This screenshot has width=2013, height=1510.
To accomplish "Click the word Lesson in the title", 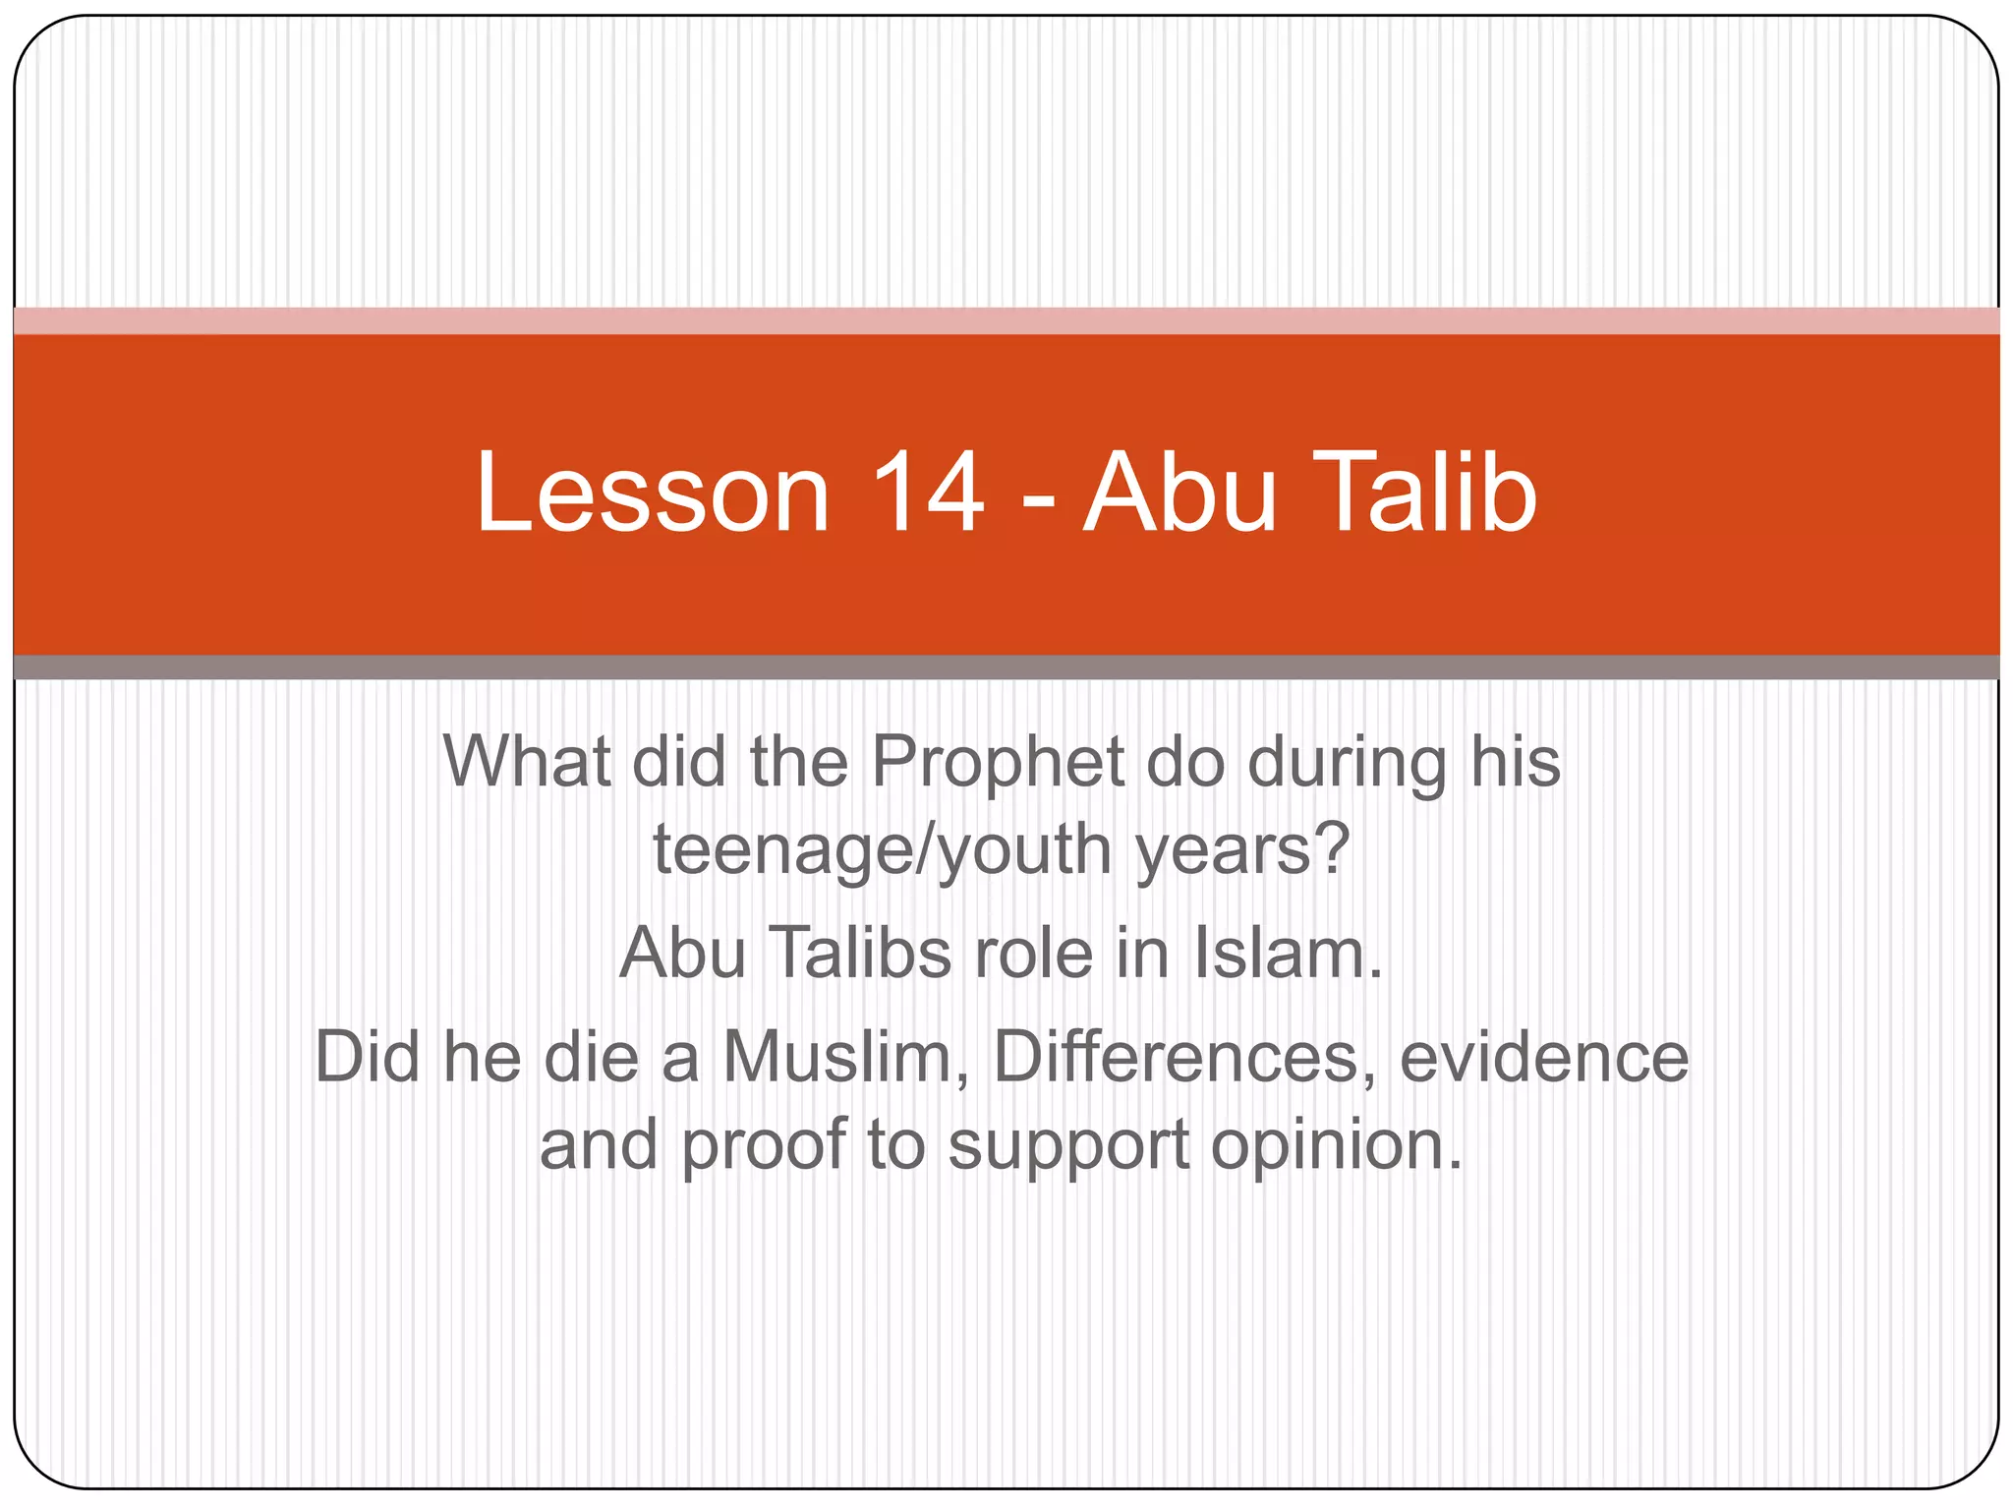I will point(653,493).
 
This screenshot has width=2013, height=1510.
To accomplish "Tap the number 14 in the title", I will point(927,493).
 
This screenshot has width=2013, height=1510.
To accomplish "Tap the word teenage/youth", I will point(883,850).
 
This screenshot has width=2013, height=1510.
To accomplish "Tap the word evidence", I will point(1543,1058).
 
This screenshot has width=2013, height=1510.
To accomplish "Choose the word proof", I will point(763,1147).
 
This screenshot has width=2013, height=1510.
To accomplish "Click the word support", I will point(1068,1147).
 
